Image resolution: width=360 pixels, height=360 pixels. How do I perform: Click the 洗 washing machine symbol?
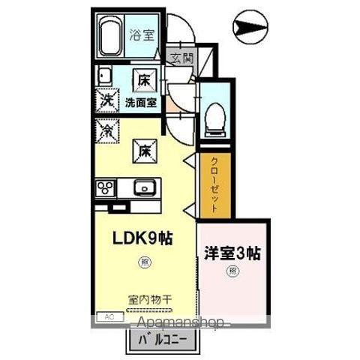coord(107,98)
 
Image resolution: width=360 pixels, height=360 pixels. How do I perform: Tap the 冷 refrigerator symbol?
coord(107,130)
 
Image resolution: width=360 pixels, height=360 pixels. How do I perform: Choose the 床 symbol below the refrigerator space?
coord(142,150)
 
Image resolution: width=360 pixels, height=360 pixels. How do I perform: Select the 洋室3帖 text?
coord(232,252)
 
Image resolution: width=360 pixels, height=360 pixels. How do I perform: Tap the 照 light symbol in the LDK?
coord(143,262)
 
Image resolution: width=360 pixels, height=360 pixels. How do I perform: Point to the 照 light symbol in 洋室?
coord(232,271)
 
